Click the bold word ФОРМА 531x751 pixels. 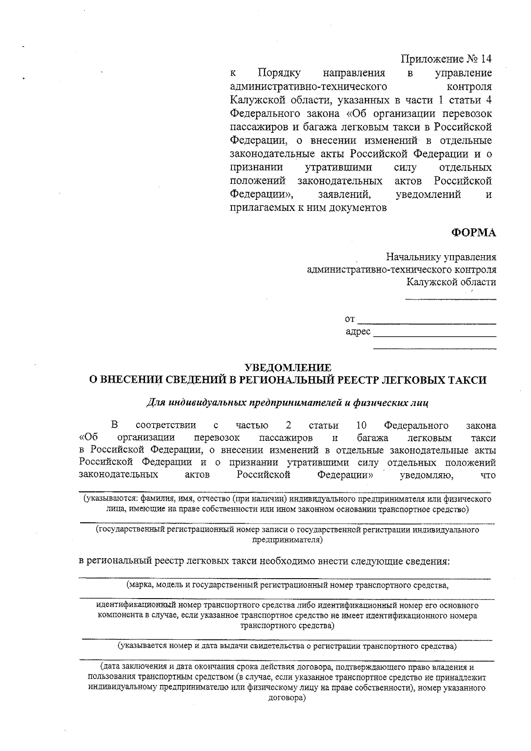click(473, 233)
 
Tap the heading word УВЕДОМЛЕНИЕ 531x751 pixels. click(288, 367)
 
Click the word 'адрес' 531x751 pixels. click(358, 332)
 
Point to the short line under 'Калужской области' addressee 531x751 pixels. click(450, 300)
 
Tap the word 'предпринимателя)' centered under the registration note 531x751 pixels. click(287, 540)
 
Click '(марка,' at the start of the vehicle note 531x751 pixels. click(139, 585)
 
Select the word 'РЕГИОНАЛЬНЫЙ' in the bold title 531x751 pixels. click(287, 380)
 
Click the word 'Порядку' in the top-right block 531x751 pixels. click(279, 73)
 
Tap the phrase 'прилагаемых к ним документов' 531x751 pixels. click(308, 208)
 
